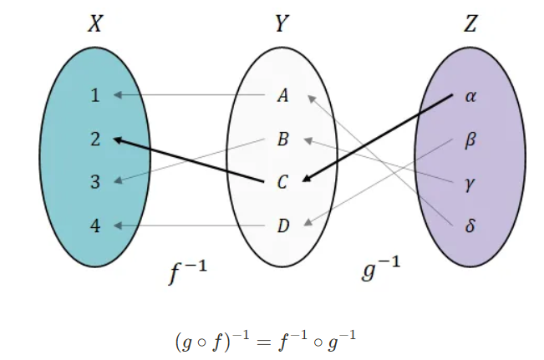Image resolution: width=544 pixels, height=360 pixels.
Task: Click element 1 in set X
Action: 95,95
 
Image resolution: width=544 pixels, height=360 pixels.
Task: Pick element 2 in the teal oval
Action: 95,139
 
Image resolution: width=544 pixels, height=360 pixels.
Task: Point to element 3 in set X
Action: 95,182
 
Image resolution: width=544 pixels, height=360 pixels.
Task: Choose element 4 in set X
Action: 95,226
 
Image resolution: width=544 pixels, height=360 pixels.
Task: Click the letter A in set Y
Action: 282,95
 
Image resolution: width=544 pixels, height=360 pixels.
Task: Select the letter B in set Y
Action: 282,139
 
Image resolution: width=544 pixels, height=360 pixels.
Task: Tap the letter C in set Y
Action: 282,183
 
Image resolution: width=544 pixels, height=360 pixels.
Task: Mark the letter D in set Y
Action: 282,226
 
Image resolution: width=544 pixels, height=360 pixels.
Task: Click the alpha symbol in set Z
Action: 470,96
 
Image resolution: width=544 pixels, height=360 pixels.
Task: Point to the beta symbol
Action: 470,139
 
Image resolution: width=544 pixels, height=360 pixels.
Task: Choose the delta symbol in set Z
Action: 470,226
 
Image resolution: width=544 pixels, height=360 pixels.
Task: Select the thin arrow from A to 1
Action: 192,95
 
